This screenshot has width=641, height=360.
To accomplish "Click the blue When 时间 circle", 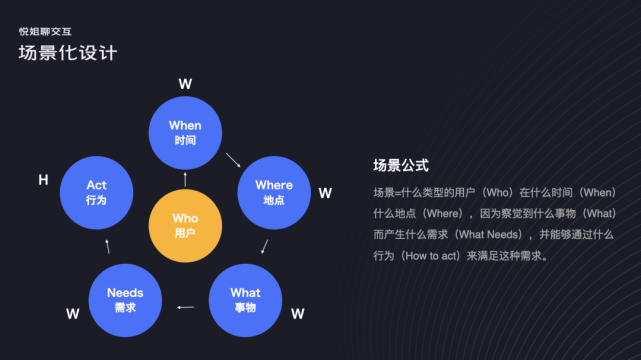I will pyautogui.click(x=185, y=132).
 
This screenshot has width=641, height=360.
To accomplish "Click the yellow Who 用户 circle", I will pyautogui.click(x=185, y=224).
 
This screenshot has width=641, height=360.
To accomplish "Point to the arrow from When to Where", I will pyautogui.click(x=233, y=159).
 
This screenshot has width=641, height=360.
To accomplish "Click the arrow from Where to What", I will pyautogui.click(x=264, y=245).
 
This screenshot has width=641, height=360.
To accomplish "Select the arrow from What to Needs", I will pyautogui.click(x=185, y=307).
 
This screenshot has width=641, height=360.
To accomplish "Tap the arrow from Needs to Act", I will pyautogui.click(x=108, y=246).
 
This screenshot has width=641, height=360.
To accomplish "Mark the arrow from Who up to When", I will pyautogui.click(x=185, y=178).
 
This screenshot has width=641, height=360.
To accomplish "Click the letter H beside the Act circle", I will pyautogui.click(x=43, y=180).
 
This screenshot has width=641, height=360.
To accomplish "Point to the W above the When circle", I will pyautogui.click(x=185, y=84).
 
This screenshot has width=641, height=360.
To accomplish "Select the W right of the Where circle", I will pyautogui.click(x=325, y=193).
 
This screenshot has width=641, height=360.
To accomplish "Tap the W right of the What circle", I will pyautogui.click(x=297, y=314).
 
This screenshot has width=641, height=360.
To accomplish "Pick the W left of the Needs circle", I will pyautogui.click(x=73, y=314).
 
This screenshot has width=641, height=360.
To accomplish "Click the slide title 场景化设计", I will pyautogui.click(x=68, y=52).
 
